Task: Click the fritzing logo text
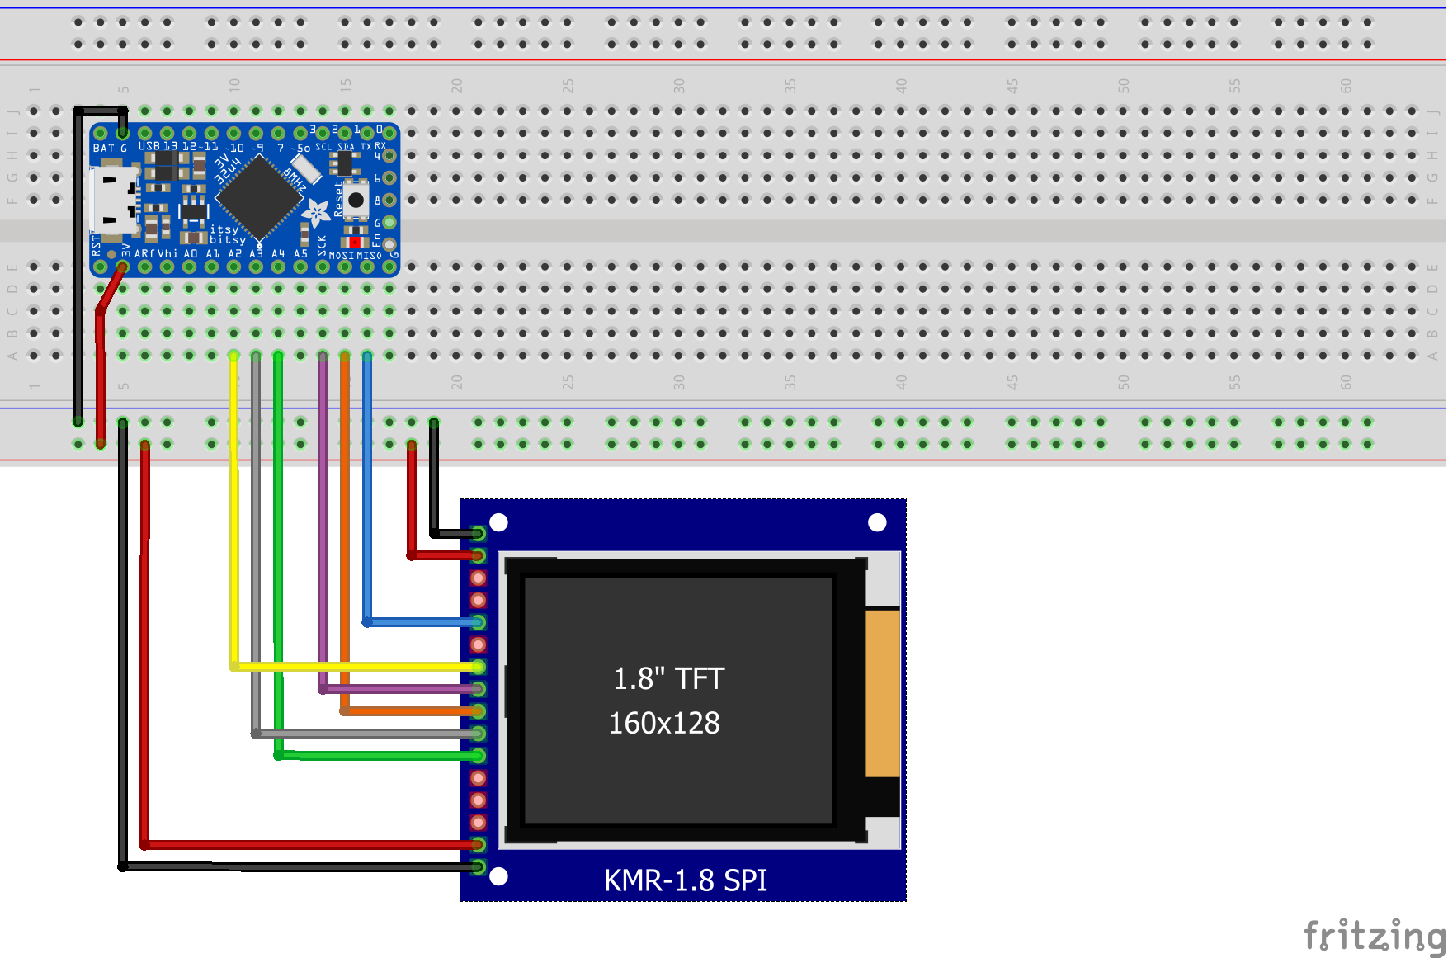tap(1374, 937)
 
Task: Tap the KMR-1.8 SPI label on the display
tap(685, 880)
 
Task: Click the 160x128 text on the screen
tap(664, 723)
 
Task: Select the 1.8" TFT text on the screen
tap(668, 678)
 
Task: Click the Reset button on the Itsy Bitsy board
tap(356, 200)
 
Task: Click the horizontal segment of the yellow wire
tap(355, 666)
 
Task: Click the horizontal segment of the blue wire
tap(421, 621)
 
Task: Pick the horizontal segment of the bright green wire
tap(380, 755)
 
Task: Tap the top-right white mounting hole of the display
tap(877, 522)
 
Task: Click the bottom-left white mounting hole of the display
tap(498, 876)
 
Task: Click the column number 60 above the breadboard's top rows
tap(1346, 86)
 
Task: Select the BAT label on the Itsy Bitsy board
tap(103, 149)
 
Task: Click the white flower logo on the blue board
tap(316, 213)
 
